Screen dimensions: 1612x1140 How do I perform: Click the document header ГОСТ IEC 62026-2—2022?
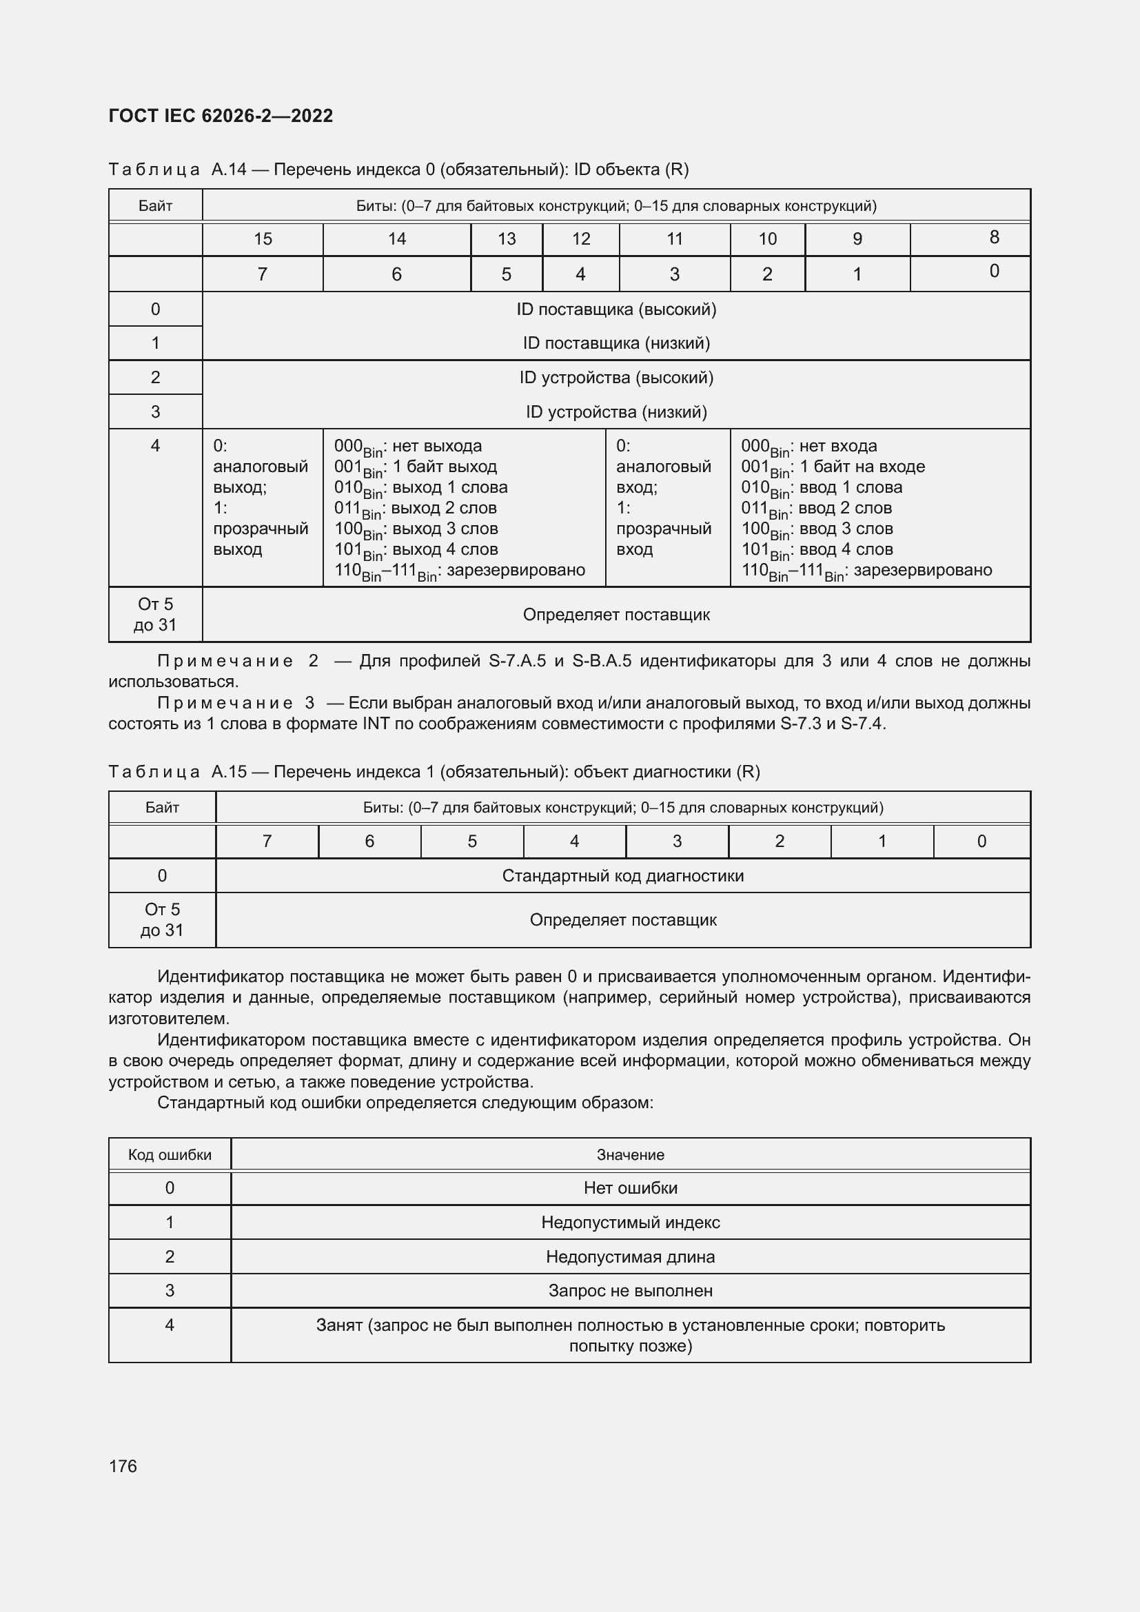pos(221,116)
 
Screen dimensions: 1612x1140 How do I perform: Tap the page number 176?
pos(123,1466)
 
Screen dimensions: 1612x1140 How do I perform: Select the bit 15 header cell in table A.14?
pos(263,239)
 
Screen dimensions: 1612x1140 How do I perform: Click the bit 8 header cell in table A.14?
pos(993,238)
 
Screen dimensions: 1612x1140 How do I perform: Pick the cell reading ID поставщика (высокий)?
pos(615,309)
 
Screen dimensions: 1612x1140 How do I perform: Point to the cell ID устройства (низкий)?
pos(615,412)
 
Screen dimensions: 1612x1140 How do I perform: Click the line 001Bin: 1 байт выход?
pos(415,467)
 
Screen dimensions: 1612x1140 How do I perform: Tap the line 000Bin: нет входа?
pos(808,447)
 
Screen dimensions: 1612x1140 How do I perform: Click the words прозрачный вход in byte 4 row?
pos(662,538)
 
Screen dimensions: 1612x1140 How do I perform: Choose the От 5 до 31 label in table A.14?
pos(155,614)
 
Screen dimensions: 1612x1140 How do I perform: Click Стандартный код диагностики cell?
pos(622,875)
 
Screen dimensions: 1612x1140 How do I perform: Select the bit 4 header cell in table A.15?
pos(574,841)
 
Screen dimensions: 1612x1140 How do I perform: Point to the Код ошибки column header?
pos(169,1155)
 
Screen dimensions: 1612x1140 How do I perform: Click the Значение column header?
pos(630,1155)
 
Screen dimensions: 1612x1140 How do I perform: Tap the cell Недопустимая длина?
pos(630,1257)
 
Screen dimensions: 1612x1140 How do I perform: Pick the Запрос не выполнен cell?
pos(630,1290)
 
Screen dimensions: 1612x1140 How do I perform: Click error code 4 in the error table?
pos(169,1325)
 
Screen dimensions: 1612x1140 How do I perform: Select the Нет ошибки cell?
pos(630,1188)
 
